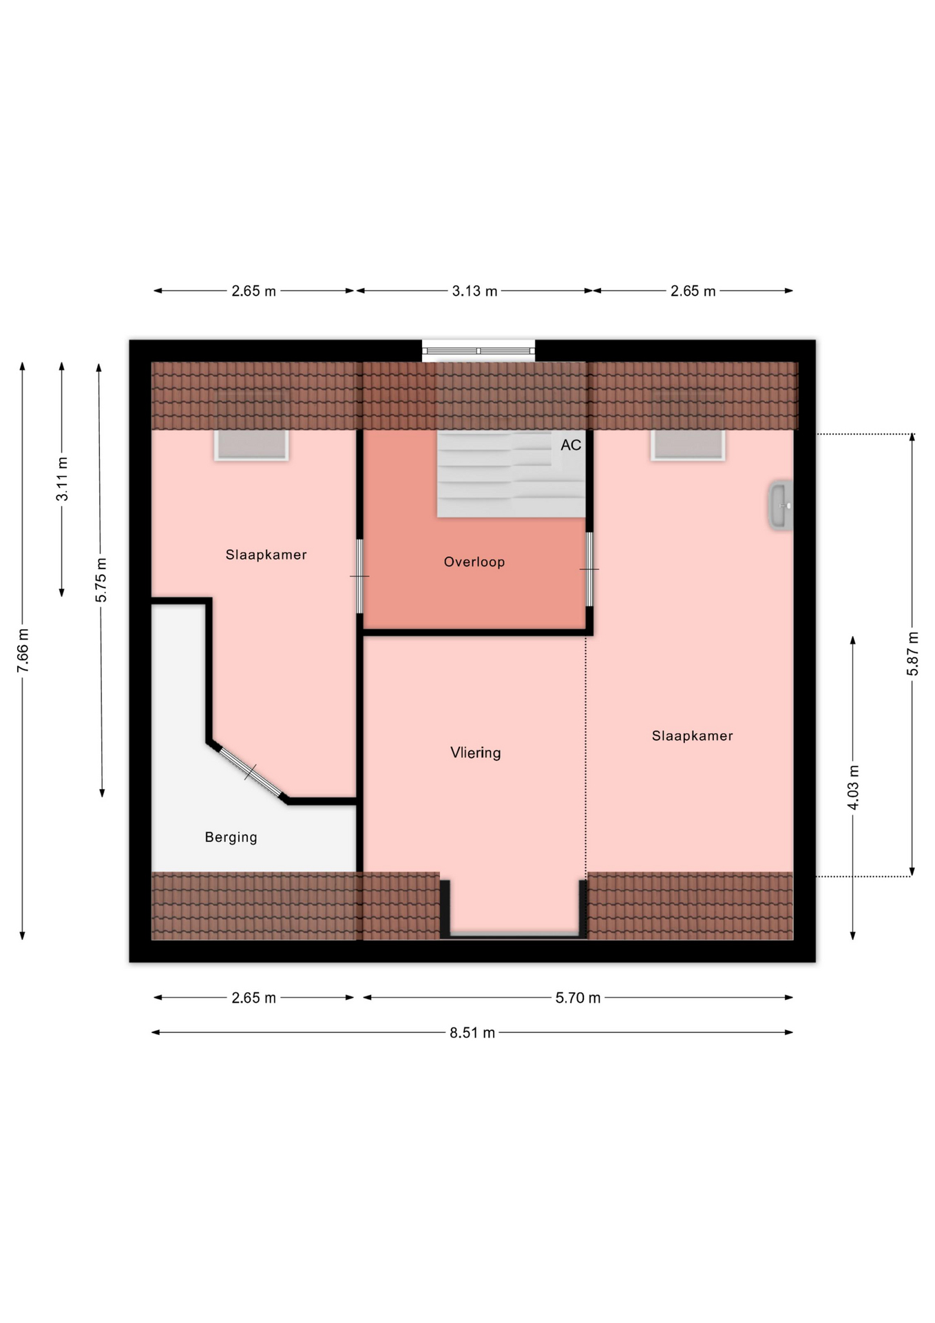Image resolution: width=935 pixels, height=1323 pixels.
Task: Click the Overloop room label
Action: pyautogui.click(x=474, y=562)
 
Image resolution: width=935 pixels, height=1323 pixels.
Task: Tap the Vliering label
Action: pyautogui.click(x=475, y=752)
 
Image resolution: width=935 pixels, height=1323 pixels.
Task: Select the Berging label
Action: pyautogui.click(x=231, y=837)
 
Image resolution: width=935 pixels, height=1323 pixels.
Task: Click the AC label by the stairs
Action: pyautogui.click(x=571, y=445)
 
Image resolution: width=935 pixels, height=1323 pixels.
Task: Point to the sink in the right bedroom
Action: pyautogui.click(x=781, y=505)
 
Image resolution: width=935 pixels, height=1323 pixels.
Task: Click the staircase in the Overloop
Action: pyautogui.click(x=511, y=473)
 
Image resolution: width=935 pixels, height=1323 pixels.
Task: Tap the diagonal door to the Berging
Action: pyautogui.click(x=251, y=772)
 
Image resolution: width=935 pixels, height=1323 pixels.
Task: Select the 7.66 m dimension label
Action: pyautogui.click(x=23, y=650)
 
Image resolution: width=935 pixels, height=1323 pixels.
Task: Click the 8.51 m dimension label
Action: pyautogui.click(x=472, y=1033)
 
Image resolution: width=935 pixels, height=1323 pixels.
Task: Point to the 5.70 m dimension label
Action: pyautogui.click(x=578, y=998)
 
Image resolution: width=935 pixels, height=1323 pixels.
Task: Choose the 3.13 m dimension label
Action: pyautogui.click(x=474, y=291)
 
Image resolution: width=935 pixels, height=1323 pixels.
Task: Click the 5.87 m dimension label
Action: pyautogui.click(x=913, y=653)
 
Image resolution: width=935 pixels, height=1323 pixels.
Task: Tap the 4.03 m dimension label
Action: pyautogui.click(x=853, y=787)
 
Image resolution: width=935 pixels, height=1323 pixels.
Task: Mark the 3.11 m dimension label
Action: pyautogui.click(x=62, y=479)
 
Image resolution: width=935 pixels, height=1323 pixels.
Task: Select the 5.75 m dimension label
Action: pyautogui.click(x=101, y=580)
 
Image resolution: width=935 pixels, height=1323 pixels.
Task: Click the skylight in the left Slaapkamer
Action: pyautogui.click(x=251, y=445)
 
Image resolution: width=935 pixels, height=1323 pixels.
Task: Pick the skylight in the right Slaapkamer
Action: pyautogui.click(x=688, y=445)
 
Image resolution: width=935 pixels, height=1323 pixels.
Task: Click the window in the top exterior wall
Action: pyautogui.click(x=479, y=351)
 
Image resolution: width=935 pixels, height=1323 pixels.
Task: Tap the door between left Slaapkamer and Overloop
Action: pyautogui.click(x=359, y=576)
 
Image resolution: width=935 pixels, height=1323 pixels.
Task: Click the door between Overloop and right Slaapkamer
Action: pyautogui.click(x=589, y=569)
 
